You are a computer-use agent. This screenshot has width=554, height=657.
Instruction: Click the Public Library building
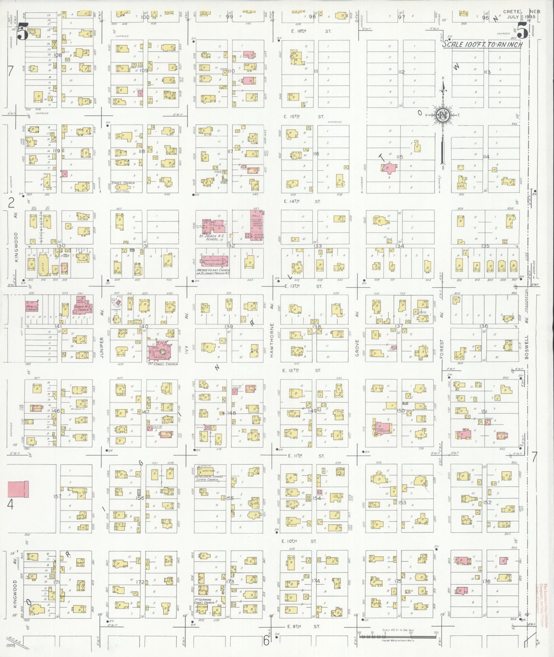pyautogui.click(x=32, y=306)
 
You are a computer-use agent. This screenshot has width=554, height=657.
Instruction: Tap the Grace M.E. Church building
pyautogui.click(x=82, y=305)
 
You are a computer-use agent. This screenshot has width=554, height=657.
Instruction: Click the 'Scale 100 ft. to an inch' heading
pyautogui.click(x=482, y=45)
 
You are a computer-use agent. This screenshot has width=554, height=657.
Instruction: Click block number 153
pyautogui.click(x=402, y=502)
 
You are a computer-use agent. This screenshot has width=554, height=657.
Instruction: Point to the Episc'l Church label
pyautogui.click(x=123, y=183)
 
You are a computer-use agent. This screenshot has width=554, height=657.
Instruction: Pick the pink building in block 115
pyautogui.click(x=389, y=168)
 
